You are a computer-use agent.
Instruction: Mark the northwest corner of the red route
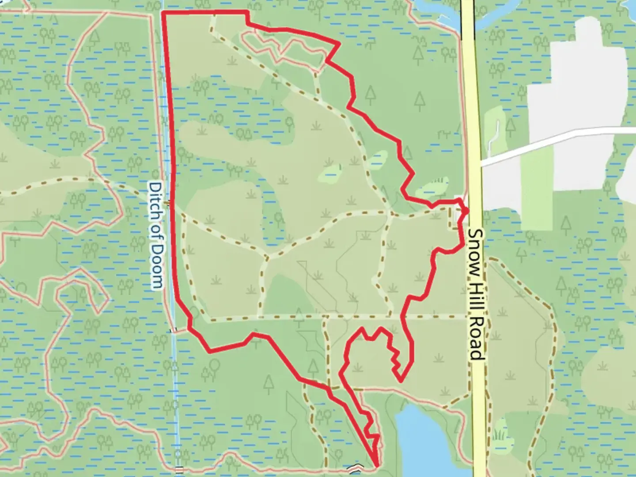(164, 13)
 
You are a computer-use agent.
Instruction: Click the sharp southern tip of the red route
(376, 465)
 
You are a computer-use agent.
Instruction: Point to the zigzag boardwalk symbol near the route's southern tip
(356, 467)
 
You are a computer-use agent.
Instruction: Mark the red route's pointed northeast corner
(339, 44)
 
